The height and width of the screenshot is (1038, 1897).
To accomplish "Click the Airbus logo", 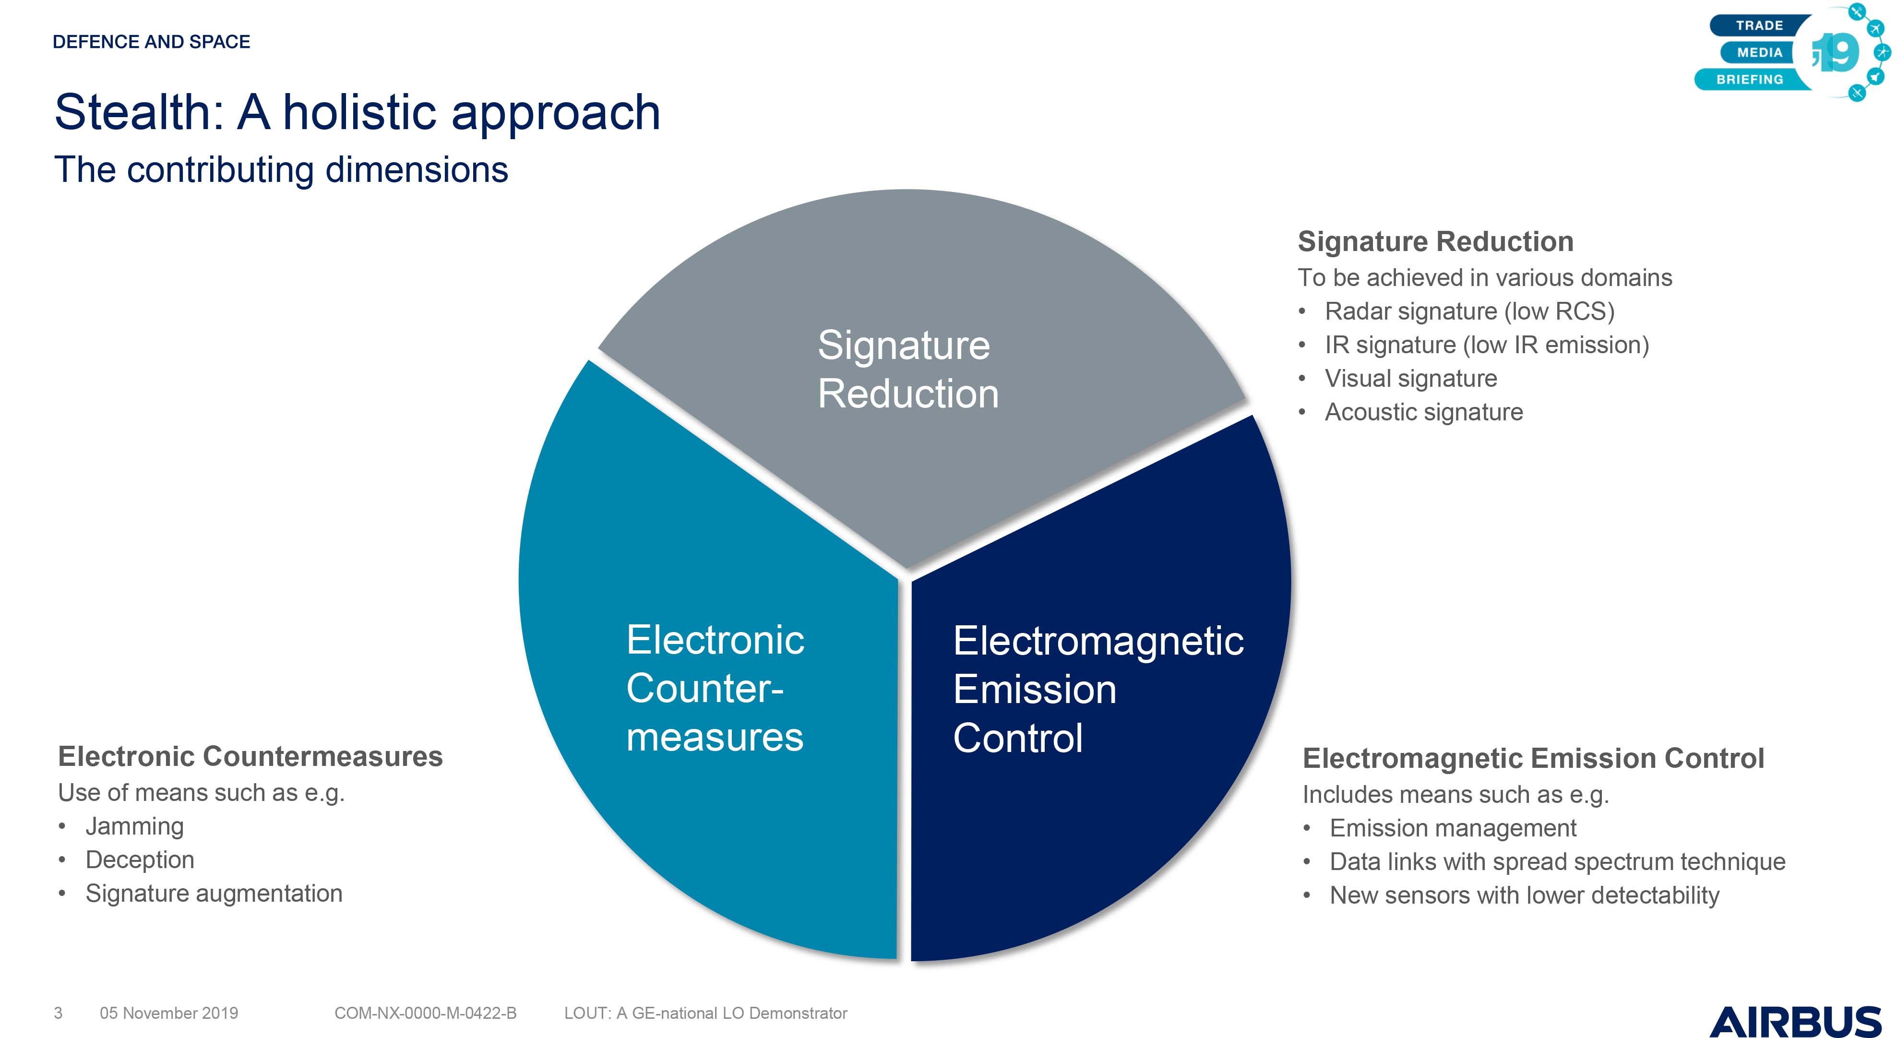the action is [1795, 1021].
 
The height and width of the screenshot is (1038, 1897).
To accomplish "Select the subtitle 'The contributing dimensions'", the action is [281, 169].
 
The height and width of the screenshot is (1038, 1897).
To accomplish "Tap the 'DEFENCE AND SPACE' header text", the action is [152, 42].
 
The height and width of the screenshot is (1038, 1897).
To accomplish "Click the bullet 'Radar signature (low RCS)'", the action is [1469, 311].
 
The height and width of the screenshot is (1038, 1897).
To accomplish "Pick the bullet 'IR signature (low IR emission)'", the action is [1487, 345].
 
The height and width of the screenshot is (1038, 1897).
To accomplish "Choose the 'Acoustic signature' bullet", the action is [1423, 412].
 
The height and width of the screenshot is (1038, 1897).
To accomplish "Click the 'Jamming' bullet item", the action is [135, 827].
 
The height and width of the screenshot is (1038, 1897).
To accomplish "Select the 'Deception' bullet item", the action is [140, 860].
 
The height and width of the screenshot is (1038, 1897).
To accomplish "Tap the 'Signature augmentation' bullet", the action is [215, 894].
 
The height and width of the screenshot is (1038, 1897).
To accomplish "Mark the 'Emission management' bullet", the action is [1453, 828].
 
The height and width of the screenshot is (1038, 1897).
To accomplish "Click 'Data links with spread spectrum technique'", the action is [1558, 862].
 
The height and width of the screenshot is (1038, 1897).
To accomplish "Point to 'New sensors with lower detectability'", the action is [1525, 895].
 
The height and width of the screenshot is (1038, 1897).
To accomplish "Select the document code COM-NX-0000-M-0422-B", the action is [426, 1013].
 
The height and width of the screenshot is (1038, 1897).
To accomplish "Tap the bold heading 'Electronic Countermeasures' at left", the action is [251, 757].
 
